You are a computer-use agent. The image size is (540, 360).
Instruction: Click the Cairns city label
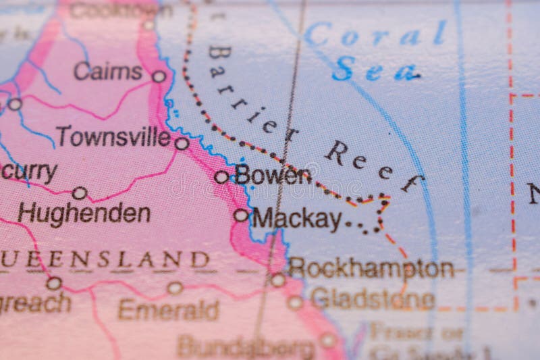pyautogui.click(x=108, y=71)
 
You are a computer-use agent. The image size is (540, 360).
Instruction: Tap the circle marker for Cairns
pyautogui.click(x=159, y=76)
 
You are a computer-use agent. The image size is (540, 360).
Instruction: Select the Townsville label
pyautogui.click(x=113, y=136)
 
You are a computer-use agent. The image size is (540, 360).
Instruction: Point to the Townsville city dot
pyautogui.click(x=182, y=143)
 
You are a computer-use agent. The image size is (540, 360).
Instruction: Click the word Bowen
pyautogui.click(x=273, y=176)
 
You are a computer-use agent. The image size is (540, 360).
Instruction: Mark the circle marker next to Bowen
pyautogui.click(x=221, y=177)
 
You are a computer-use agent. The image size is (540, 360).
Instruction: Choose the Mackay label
pyautogui.click(x=297, y=218)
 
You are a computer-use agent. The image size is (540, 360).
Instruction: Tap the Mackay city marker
pyautogui.click(x=241, y=215)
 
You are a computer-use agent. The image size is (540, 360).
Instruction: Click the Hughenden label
pyautogui.click(x=84, y=214)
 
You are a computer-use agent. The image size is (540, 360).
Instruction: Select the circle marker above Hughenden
pyautogui.click(x=80, y=193)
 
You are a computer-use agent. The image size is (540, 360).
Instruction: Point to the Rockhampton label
pyautogui.click(x=371, y=268)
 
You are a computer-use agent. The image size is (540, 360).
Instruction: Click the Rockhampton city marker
pyautogui.click(x=278, y=280)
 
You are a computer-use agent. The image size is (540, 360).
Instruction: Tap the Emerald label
pyautogui.click(x=168, y=310)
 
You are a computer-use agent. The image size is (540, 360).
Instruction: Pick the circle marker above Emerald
pyautogui.click(x=175, y=288)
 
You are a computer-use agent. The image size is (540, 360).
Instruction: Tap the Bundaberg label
pyautogui.click(x=246, y=347)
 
